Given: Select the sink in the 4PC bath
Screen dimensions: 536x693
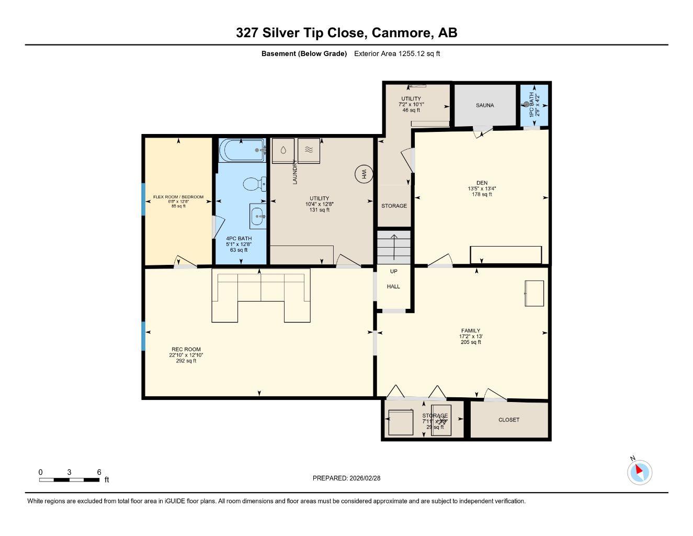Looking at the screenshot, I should coord(257,216).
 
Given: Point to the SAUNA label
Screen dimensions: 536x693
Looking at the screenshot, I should coord(484,105).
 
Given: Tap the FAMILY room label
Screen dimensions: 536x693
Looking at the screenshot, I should coord(470,331).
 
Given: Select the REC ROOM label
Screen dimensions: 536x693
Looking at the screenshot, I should coord(186,349).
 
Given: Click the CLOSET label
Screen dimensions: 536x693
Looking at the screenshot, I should coord(508,420).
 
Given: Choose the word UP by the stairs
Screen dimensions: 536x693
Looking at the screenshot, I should coord(393,272).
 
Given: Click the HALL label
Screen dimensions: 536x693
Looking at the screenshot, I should coord(393,286).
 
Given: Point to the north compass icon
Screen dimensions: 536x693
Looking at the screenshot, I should coord(639,472).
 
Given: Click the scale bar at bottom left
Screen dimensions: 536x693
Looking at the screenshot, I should coord(69,479).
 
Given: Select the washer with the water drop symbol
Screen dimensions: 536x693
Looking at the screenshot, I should coord(283,150).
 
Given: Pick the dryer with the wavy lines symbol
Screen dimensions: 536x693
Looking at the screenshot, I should coord(309,150).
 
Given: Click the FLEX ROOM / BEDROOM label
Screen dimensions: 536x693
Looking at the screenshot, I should coord(178,197).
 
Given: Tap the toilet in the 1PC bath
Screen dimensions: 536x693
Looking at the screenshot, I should coord(527,104).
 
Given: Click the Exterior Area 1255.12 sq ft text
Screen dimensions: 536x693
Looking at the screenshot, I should coord(396,53).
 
